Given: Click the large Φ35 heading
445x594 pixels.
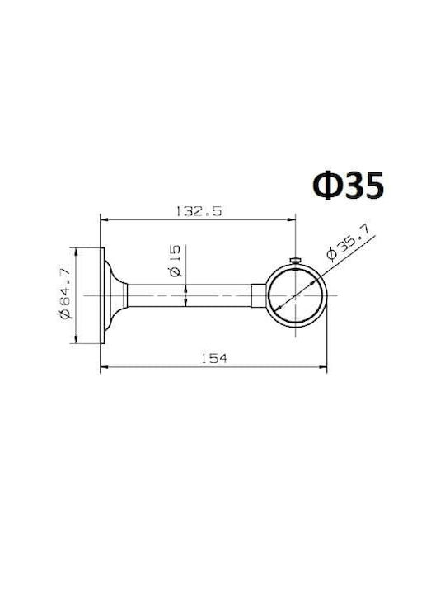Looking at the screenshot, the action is [348, 186].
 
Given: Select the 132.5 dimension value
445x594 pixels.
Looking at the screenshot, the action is [199, 211].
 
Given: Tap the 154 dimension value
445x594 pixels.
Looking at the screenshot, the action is [214, 358].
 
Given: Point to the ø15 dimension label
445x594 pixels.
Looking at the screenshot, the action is [176, 261].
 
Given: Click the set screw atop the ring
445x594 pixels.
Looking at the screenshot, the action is [296, 260].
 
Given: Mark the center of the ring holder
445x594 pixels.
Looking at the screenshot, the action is [296, 295].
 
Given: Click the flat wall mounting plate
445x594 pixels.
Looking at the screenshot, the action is [102, 295].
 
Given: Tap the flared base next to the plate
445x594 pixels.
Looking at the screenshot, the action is [116, 295].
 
